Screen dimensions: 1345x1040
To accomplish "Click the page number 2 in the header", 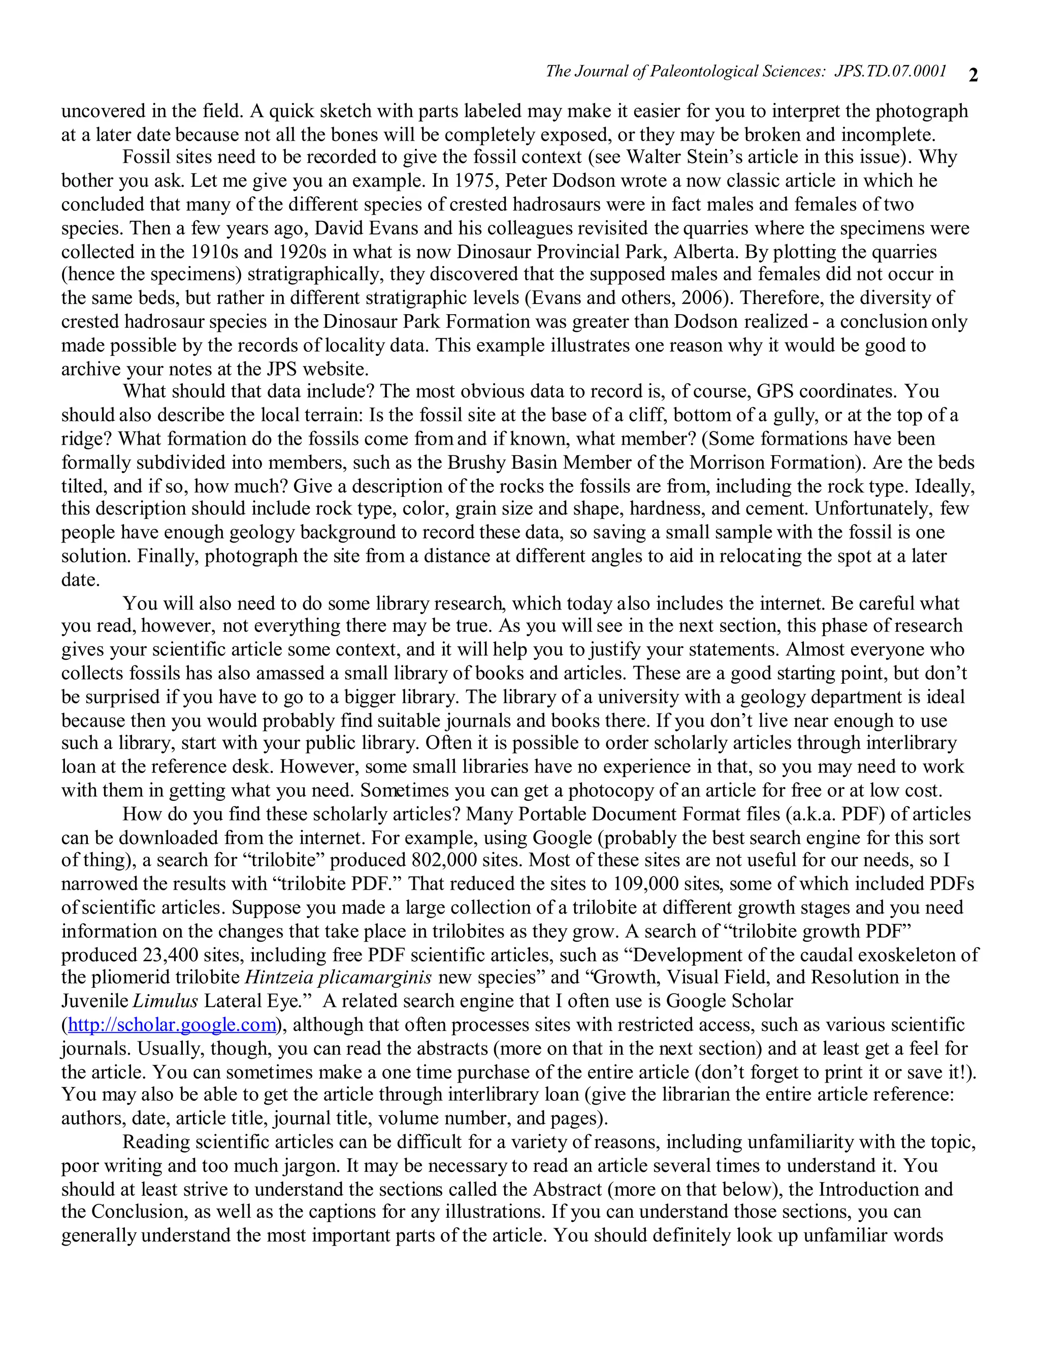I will click(973, 75).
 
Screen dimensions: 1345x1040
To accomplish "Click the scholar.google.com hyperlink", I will click(172, 1025).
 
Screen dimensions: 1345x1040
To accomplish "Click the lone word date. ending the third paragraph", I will click(80, 580).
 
